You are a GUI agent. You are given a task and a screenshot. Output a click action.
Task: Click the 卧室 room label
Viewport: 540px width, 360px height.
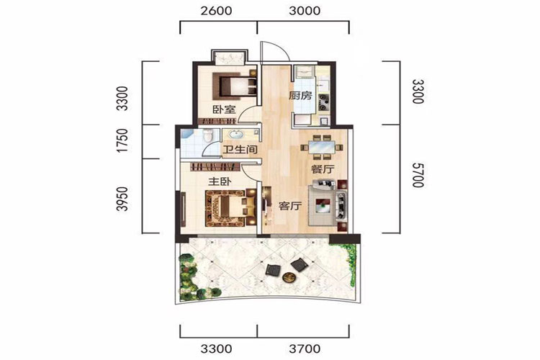tap(224, 110)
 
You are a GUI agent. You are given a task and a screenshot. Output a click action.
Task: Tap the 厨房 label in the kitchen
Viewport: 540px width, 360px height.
tap(300, 96)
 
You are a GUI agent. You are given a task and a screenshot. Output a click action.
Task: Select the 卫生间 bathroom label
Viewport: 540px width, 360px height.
tap(240, 150)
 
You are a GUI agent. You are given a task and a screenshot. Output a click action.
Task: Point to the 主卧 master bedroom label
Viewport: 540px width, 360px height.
tap(219, 181)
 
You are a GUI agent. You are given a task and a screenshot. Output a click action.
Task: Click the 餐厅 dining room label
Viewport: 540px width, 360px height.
tap(323, 169)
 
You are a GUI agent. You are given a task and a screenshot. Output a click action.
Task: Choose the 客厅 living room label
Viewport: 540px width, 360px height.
tap(290, 206)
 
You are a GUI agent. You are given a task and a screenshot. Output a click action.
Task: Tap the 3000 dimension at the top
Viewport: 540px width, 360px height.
tap(305, 11)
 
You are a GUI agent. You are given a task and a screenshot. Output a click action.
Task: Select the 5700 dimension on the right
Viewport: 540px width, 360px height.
tap(418, 175)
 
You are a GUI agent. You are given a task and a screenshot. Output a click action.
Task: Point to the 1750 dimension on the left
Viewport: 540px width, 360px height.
tap(122, 141)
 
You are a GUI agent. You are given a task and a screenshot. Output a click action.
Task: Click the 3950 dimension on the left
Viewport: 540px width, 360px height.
tap(122, 199)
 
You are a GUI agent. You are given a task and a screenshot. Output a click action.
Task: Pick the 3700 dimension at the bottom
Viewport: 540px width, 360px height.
tap(305, 349)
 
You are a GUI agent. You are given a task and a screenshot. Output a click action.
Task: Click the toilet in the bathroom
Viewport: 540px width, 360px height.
tap(207, 136)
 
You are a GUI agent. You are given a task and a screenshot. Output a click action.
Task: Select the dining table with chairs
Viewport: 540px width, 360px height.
tap(322, 148)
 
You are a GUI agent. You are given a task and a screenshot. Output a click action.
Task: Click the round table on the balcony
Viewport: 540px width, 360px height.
tap(288, 276)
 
